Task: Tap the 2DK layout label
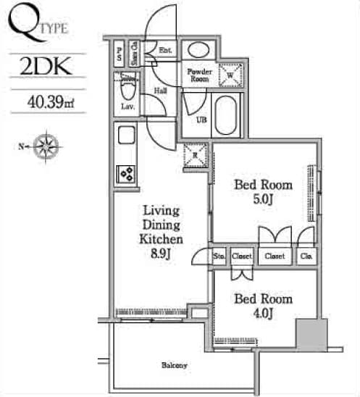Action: point(45,67)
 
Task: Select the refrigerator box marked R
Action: point(194,154)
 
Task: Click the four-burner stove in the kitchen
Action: point(125,174)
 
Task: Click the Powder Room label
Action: point(199,75)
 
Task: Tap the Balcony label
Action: point(174,364)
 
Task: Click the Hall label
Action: point(161,91)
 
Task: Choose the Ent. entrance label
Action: point(164,50)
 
